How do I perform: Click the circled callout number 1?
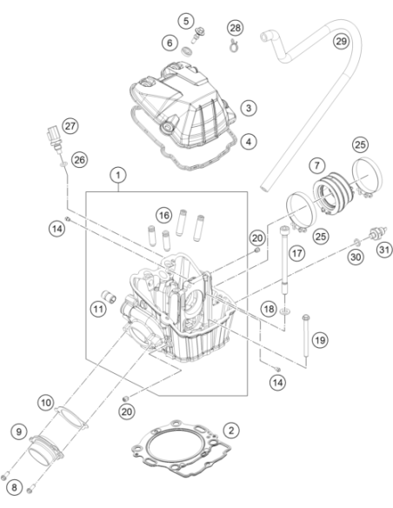[118, 175]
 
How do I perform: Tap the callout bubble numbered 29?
[341, 42]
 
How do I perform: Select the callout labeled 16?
[163, 215]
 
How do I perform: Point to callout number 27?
[70, 126]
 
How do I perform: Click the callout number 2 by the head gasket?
[231, 431]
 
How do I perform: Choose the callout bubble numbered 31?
[384, 250]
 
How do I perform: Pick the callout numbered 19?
[320, 340]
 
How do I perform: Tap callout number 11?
[98, 309]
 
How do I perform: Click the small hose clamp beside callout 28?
[233, 46]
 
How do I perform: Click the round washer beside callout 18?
[284, 311]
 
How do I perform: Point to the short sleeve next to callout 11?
[109, 296]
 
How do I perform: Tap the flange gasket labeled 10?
[71, 418]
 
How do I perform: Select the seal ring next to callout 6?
[186, 50]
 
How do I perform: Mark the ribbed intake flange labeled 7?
[333, 191]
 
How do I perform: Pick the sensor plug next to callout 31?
[378, 233]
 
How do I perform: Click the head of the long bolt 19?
[305, 317]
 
